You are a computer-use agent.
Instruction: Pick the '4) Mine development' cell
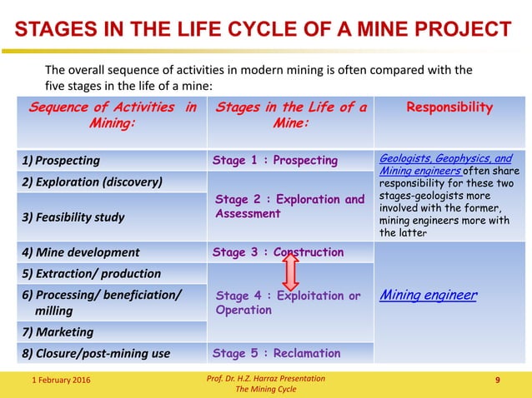(82, 252)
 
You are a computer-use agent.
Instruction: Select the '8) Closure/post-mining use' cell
(97, 353)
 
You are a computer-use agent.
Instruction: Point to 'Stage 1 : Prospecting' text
(275, 161)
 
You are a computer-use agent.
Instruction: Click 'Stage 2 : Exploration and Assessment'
(289, 206)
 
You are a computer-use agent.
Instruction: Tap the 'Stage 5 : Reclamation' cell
(277, 353)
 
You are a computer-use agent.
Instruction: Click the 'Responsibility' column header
(449, 107)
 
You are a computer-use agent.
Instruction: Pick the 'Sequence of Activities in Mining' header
(113, 116)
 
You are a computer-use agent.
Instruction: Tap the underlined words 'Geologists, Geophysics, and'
(446, 158)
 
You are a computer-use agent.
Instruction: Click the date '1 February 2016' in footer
(57, 381)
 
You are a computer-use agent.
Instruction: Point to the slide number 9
(498, 381)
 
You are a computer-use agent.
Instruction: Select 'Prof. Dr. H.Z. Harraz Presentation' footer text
(265, 378)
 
